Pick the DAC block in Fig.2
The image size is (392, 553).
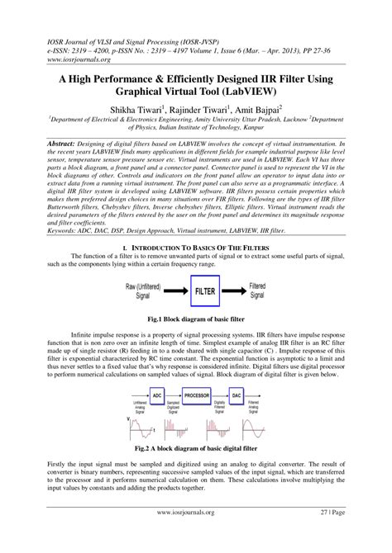tap(236, 395)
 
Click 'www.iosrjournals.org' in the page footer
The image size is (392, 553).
tap(195, 534)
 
